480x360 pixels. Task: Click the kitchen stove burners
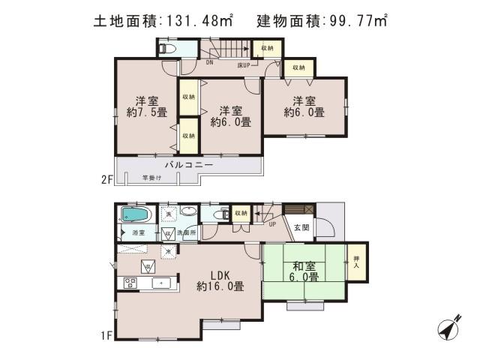coord(128,283)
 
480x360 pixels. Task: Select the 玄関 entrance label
coord(301,227)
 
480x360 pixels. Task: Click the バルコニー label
coord(189,164)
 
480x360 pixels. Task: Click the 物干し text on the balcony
coord(151,178)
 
